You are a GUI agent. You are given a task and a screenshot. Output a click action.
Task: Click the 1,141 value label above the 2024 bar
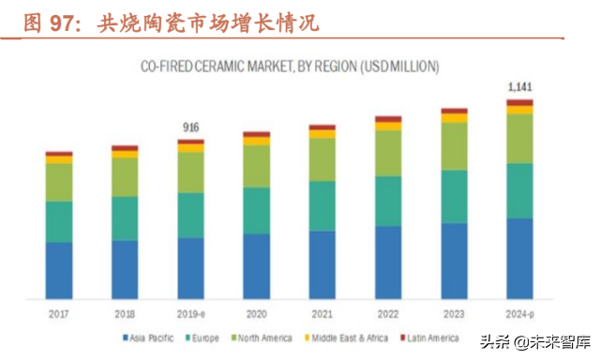pos(519,88)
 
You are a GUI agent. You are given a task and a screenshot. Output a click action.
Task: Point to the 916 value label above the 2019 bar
pos(190,127)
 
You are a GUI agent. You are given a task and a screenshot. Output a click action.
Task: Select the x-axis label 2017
pos(58,313)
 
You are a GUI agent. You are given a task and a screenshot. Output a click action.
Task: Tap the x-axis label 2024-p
pos(519,313)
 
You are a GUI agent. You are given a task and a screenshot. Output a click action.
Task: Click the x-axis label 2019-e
pos(190,313)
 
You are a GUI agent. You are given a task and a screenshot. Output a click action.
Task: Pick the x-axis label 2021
pos(322,313)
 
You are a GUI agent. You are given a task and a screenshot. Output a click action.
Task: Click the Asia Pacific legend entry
pos(150,337)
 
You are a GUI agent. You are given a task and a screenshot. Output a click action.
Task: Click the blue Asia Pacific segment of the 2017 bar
pos(58,270)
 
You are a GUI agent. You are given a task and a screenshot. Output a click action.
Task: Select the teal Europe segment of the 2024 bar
pos(519,190)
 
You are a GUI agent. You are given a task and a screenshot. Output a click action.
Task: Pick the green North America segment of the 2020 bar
pos(256,166)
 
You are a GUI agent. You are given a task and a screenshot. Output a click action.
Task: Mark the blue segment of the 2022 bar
pos(388,262)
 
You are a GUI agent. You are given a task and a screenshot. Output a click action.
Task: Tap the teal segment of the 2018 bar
pos(125,217)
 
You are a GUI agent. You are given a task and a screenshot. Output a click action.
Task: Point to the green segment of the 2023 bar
pos(454,145)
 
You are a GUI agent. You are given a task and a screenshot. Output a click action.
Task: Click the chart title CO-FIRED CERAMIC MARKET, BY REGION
pos(290,67)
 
